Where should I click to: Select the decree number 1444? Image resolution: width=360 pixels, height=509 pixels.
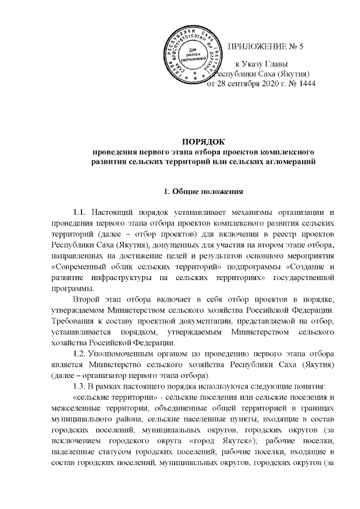[304, 84]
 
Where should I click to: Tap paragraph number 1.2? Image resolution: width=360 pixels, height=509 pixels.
[81, 354]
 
